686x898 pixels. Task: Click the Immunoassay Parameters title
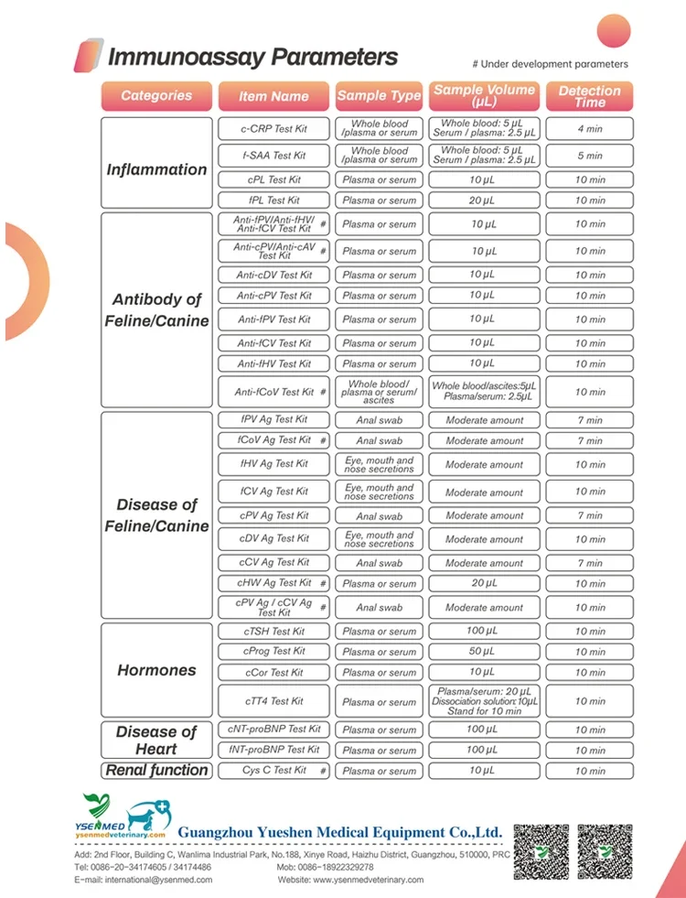pyautogui.click(x=252, y=57)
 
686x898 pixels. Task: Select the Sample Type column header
pyautogui.click(x=379, y=95)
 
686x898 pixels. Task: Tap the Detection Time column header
pyautogui.click(x=589, y=96)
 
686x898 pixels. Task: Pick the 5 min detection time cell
pyautogui.click(x=590, y=156)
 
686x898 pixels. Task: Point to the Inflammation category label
pyautogui.click(x=156, y=169)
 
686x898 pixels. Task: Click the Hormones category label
pyautogui.click(x=156, y=670)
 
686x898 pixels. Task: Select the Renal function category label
pyautogui.click(x=156, y=770)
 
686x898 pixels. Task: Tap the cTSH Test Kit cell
pyautogui.click(x=273, y=632)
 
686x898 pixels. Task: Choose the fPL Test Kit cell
pyautogui.click(x=273, y=200)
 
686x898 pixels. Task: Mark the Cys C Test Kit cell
pyautogui.click(x=273, y=771)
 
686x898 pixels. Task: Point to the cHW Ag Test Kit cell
pyautogui.click(x=273, y=583)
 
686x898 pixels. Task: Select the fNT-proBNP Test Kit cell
pyautogui.click(x=273, y=750)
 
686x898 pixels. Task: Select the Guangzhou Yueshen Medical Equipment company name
pyautogui.click(x=340, y=832)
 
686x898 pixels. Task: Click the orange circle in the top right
pyautogui.click(x=614, y=31)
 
